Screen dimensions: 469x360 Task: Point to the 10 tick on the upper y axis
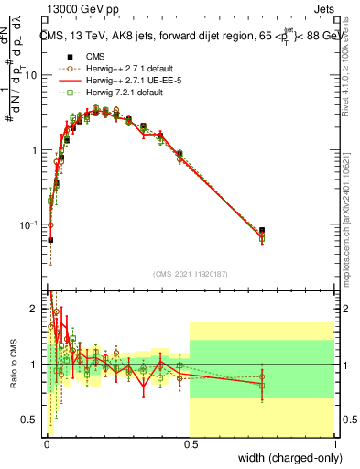[x=32, y=75]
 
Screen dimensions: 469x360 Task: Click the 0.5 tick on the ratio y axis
[x=31, y=420]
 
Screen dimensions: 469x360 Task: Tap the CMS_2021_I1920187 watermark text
[x=190, y=273]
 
